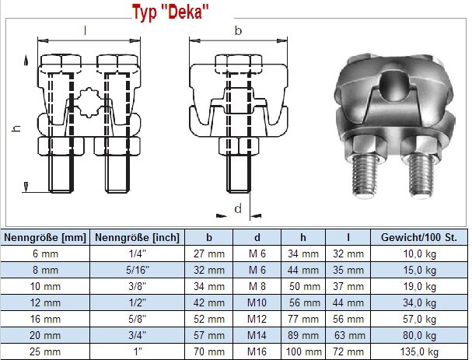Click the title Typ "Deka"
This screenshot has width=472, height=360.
pyautogui.click(x=170, y=12)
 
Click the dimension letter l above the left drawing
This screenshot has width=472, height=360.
pyautogui.click(x=86, y=30)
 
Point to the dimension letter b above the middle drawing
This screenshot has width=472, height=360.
pyautogui.click(x=238, y=30)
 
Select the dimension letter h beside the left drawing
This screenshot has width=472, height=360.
pyautogui.click(x=17, y=128)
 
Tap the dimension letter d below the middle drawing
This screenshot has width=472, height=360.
pyautogui.click(x=238, y=208)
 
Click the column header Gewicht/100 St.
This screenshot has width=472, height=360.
pyautogui.click(x=418, y=237)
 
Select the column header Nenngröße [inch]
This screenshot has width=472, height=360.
pyautogui.click(x=137, y=237)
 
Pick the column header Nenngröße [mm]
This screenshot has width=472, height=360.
pyautogui.click(x=45, y=237)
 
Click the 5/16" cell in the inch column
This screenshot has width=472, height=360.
pyautogui.click(x=138, y=270)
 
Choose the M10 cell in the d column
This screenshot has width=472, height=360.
pyautogui.click(x=257, y=302)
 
